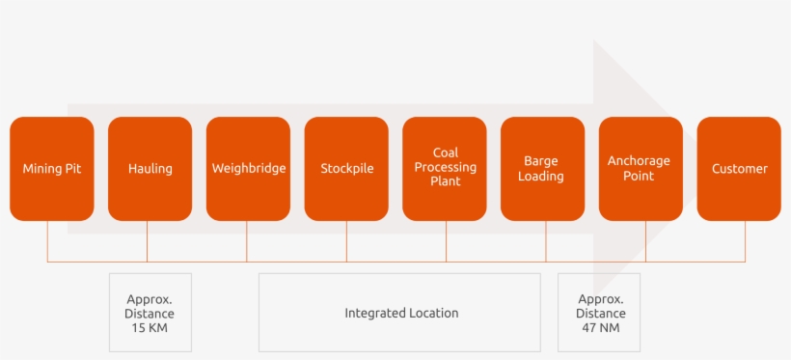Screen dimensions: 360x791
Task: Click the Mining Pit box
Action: coord(52,169)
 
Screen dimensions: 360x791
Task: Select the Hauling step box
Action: coord(150,169)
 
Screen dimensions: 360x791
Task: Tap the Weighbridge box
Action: coord(248,169)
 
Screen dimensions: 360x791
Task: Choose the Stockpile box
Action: coord(346,169)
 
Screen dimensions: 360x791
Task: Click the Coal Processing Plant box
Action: coord(445,169)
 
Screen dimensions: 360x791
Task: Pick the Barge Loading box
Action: coord(542,169)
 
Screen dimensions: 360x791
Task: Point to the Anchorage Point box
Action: coord(641,169)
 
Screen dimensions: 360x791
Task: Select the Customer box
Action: coord(739,169)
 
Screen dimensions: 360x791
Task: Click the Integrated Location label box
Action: coord(399,312)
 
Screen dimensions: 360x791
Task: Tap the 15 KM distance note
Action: coord(150,312)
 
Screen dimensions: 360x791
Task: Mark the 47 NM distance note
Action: coord(599,312)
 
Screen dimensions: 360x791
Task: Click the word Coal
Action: coord(446,152)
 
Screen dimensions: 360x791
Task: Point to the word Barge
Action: coord(541,161)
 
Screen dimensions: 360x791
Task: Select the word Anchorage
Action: coord(639,161)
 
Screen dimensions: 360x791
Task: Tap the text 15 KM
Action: coord(150,327)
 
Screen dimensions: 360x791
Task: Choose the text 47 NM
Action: coord(600,327)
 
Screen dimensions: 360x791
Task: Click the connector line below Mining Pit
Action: coord(47,241)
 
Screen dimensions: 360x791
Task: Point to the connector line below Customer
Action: coord(745,241)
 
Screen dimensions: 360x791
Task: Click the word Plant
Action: coord(446,181)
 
